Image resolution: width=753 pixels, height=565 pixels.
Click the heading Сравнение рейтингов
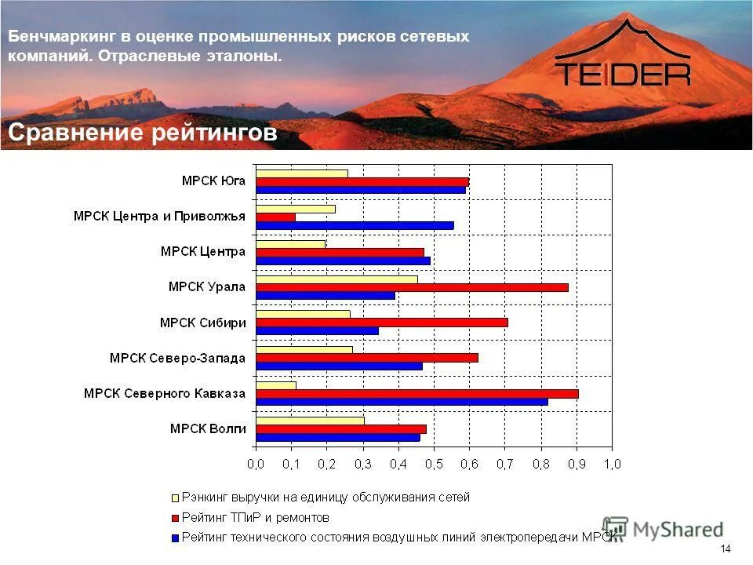(143, 133)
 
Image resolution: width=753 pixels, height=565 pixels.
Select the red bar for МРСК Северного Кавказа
(417, 393)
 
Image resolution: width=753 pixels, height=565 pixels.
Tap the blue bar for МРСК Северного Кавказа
(402, 402)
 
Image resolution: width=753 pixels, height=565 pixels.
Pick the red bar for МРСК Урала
(412, 287)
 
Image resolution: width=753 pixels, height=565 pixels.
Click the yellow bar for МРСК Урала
(336, 279)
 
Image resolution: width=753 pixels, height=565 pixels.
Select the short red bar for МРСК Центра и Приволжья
(275, 217)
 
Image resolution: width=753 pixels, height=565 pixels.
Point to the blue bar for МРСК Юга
(361, 189)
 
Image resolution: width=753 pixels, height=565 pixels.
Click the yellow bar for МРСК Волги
(310, 421)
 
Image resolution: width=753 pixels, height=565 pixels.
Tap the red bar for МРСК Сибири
(382, 323)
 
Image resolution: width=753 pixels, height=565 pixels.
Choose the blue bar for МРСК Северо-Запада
(339, 366)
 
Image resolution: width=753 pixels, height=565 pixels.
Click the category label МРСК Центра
(202, 252)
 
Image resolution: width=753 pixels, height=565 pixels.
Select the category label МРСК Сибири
(202, 323)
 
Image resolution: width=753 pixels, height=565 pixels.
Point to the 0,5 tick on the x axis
(434, 465)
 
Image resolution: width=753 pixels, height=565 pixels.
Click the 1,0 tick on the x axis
(612, 465)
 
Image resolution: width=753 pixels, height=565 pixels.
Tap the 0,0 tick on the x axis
(256, 465)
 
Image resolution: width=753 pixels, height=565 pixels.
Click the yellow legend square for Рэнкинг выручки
(175, 498)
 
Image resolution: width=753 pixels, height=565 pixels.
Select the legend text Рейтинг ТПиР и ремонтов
(256, 518)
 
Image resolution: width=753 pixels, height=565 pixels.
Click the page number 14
(725, 549)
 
